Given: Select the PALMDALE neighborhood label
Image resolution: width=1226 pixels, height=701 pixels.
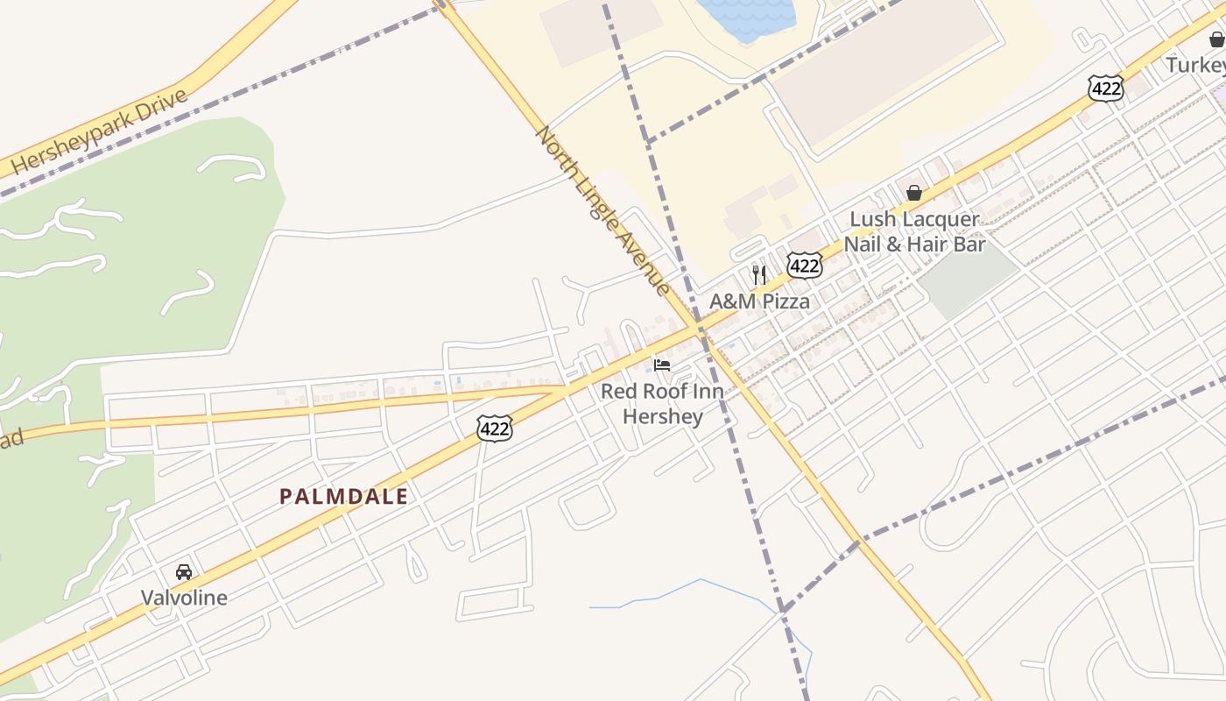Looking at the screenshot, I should pos(343,497).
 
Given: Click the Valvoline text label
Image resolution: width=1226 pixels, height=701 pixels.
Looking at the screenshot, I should pos(184,598).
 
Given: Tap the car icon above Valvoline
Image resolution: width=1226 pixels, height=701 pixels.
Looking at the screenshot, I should pos(184,572).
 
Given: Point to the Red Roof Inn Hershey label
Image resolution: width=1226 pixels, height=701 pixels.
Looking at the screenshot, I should pos(662,403).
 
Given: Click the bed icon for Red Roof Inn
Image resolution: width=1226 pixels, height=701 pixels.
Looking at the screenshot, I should pos(662,365).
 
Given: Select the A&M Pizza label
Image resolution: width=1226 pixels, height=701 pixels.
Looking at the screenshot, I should pos(758,301).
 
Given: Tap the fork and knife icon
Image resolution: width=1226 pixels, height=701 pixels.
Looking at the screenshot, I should pos(759,274).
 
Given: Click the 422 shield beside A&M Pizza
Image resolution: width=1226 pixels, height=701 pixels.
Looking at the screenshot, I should pos(804,265).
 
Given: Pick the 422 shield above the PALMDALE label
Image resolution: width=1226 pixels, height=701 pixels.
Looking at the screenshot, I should pos(494,428).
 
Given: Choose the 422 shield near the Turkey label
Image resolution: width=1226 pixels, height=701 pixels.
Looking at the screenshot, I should pos(1106,88).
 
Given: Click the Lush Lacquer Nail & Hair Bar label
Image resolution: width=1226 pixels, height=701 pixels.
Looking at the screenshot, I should pos(914,231).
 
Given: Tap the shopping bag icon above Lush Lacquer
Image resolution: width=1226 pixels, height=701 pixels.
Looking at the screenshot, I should pos(914,192).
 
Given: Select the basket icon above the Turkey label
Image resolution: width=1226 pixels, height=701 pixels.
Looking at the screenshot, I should pos(1216,39).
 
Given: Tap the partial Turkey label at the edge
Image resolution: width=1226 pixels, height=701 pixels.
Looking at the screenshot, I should pos(1195,65).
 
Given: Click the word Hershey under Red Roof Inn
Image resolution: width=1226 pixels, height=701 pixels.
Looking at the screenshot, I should pos(662,415).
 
